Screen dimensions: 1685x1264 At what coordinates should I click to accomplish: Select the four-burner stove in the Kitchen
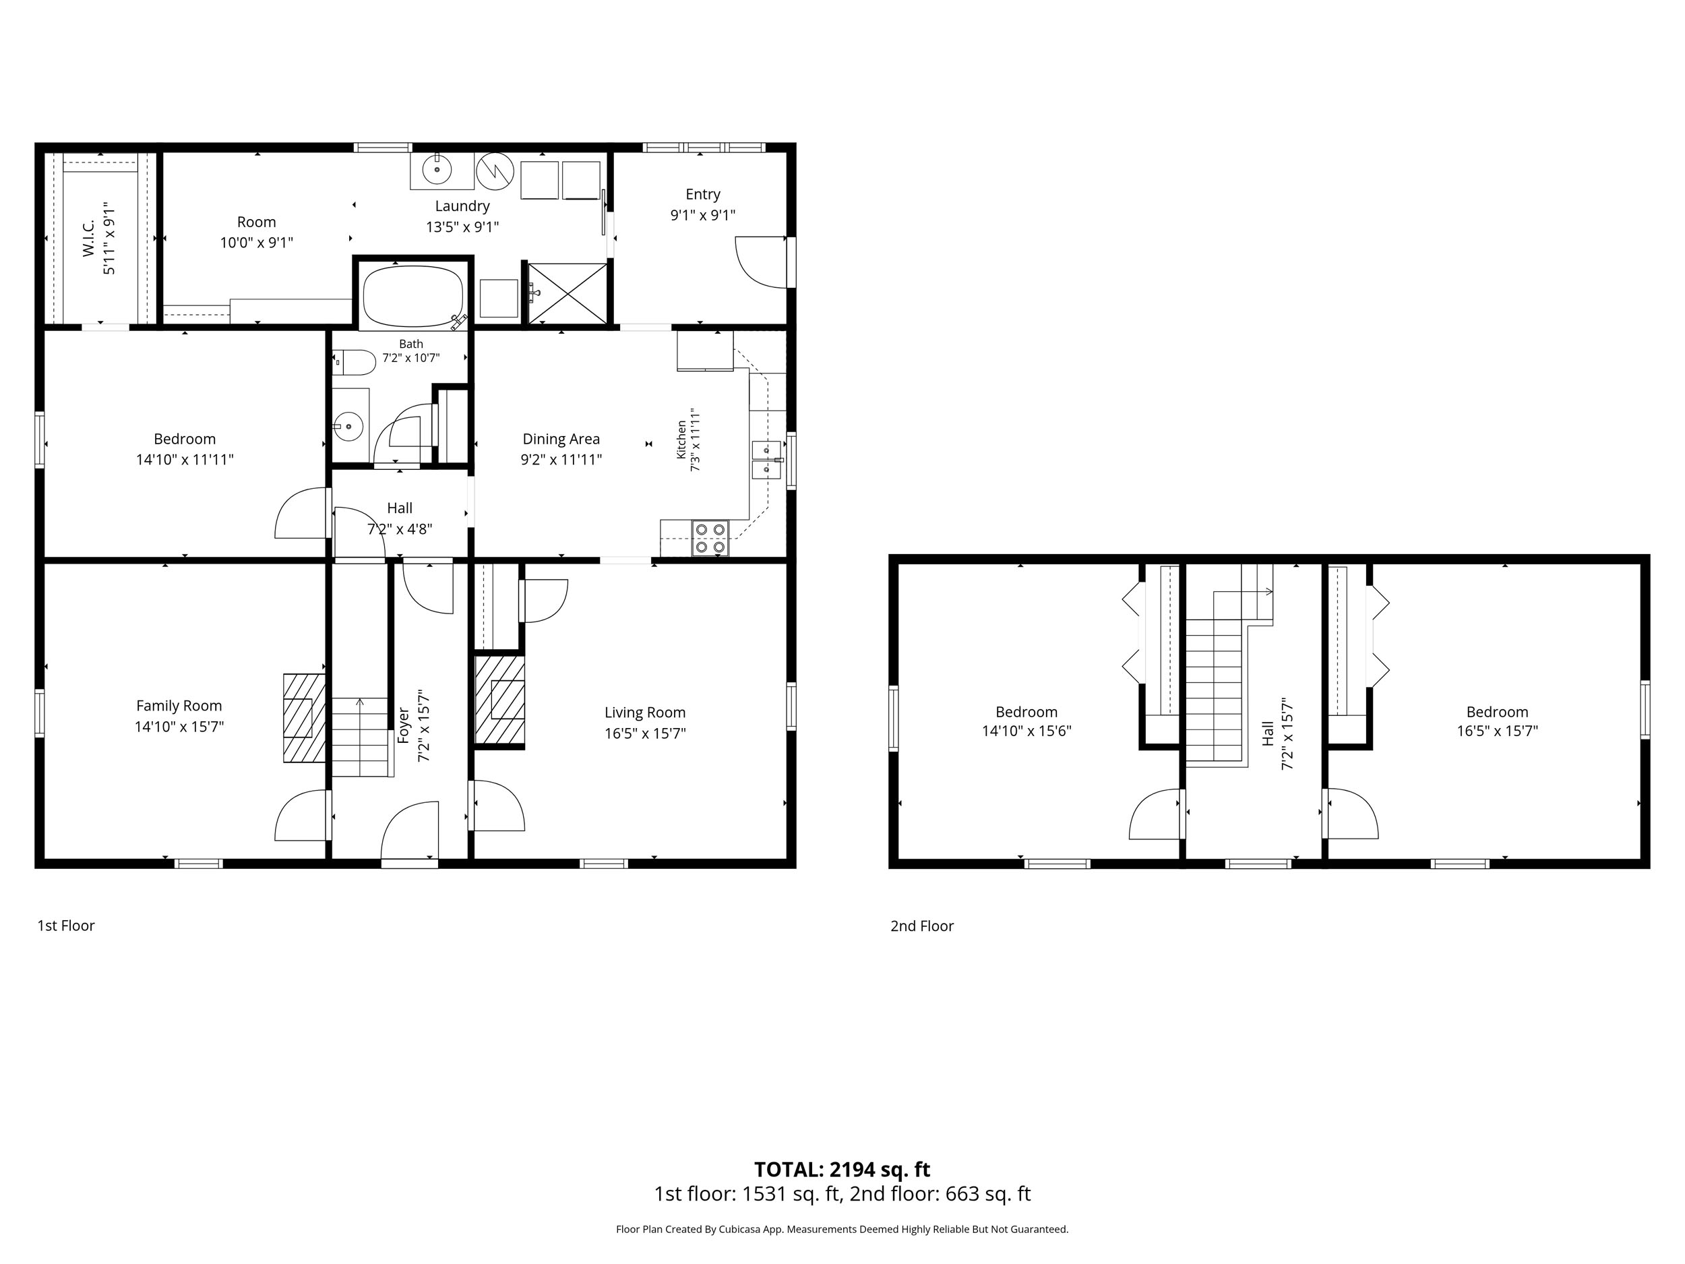710,538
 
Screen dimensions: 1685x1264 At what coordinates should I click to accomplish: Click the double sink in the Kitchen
766,460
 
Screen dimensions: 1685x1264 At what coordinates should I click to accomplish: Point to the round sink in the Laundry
437,171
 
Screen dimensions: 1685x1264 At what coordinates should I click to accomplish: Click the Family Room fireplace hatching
305,718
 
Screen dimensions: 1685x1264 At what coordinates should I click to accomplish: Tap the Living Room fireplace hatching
499,700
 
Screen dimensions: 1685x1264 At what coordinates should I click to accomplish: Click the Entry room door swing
760,262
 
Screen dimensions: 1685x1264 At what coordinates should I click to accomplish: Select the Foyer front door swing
410,830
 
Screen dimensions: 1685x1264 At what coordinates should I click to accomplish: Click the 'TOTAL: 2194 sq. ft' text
842,1169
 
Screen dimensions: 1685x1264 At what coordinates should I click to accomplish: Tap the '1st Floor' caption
66,926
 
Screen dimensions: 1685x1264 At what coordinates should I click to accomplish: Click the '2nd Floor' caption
922,926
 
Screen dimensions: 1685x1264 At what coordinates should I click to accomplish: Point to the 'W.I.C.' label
88,238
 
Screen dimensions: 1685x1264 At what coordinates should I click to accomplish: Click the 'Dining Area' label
561,439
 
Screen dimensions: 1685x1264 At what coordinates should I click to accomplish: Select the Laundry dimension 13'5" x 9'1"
462,227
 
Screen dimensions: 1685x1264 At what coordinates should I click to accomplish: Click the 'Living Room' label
645,713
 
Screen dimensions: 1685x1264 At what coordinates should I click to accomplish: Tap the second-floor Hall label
1268,733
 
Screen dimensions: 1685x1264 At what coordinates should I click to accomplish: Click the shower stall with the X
568,293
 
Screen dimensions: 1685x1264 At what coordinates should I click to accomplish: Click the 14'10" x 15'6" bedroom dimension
1027,731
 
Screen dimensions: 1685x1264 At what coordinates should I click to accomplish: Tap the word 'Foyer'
403,725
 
